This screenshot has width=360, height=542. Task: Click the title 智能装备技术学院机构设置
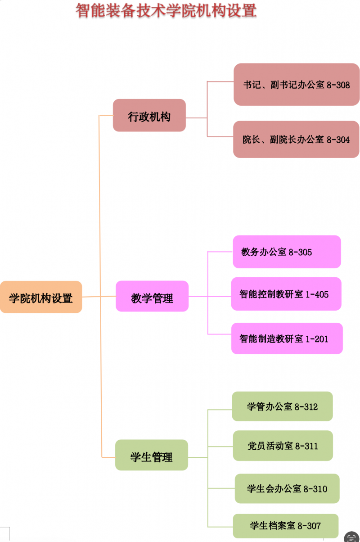pos(166,11)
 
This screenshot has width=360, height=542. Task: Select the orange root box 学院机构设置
pos(41,297)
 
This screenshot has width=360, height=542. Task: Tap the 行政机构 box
pos(149,116)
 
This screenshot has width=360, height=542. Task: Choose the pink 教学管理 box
pos(152,297)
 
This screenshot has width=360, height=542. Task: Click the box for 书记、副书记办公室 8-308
pos(296,85)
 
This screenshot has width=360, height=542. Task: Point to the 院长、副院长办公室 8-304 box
pos(296,140)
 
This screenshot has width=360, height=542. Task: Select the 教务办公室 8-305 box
pos(287,252)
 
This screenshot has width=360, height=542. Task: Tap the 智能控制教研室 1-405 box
pos(286,294)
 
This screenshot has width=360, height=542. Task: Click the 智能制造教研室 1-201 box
pos(287,339)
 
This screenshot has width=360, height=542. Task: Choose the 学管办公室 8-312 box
pos(282,406)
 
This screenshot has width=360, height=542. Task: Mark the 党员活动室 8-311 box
pos(283,446)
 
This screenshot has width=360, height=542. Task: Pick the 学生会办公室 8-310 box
pos(287,488)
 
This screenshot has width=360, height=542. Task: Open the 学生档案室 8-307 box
pos(285,525)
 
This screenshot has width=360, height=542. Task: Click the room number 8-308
pos(337,85)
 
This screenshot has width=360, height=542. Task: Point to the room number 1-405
pos(317,294)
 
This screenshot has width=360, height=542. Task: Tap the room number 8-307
pos(309,525)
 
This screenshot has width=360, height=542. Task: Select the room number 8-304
pos(337,140)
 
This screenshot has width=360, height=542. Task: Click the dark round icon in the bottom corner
pos(352,537)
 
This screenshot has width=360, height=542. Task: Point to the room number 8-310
pos(315,488)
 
